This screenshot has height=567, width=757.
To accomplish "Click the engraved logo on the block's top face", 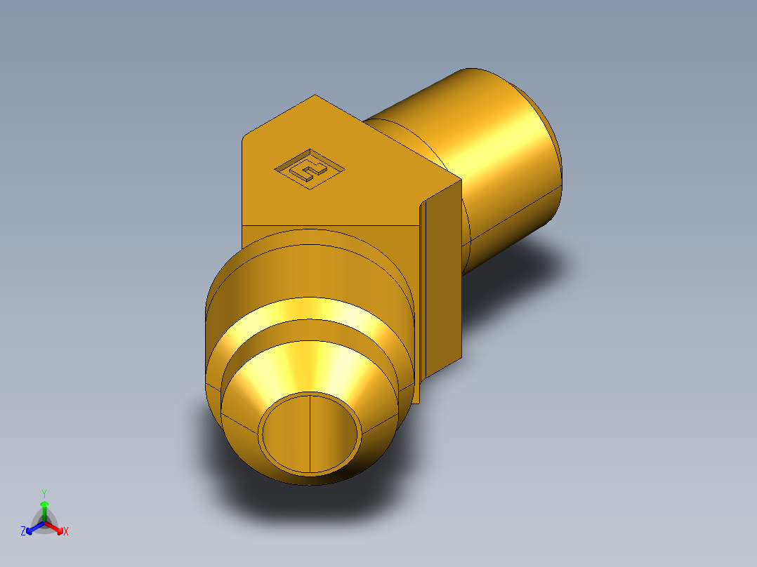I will pyautogui.click(x=309, y=168).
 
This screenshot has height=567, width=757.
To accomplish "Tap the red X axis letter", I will pyautogui.click(x=66, y=532).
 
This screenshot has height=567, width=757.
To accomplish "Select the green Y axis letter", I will pyautogui.click(x=44, y=493).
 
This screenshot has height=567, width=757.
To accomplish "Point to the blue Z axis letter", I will pyautogui.click(x=23, y=532).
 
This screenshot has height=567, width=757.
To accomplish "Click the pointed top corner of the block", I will pyautogui.click(x=315, y=96).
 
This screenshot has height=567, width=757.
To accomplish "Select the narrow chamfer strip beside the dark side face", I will pyautogui.click(x=423, y=295).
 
